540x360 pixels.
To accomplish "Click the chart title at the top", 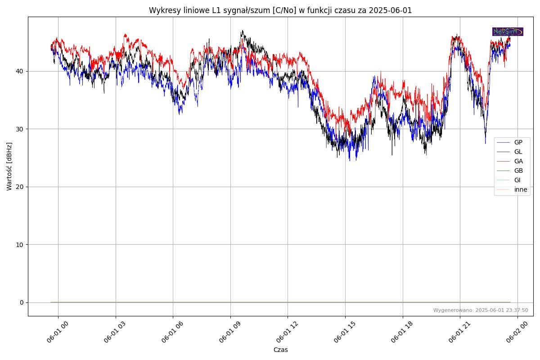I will click(x=280, y=10).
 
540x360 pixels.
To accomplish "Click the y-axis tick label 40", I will click(x=20, y=71).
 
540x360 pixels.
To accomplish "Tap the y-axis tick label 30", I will click(x=20, y=129).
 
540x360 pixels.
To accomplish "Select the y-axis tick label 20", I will click(x=20, y=187).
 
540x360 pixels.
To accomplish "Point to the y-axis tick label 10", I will click(x=20, y=244).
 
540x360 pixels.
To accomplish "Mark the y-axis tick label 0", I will click(x=22, y=302).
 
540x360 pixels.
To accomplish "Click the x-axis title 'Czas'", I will click(x=280, y=350).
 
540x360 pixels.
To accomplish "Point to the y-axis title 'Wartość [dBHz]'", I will click(x=9, y=166).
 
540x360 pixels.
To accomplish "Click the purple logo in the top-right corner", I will click(x=508, y=31).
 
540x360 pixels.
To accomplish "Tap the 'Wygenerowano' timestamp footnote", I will click(x=480, y=310).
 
